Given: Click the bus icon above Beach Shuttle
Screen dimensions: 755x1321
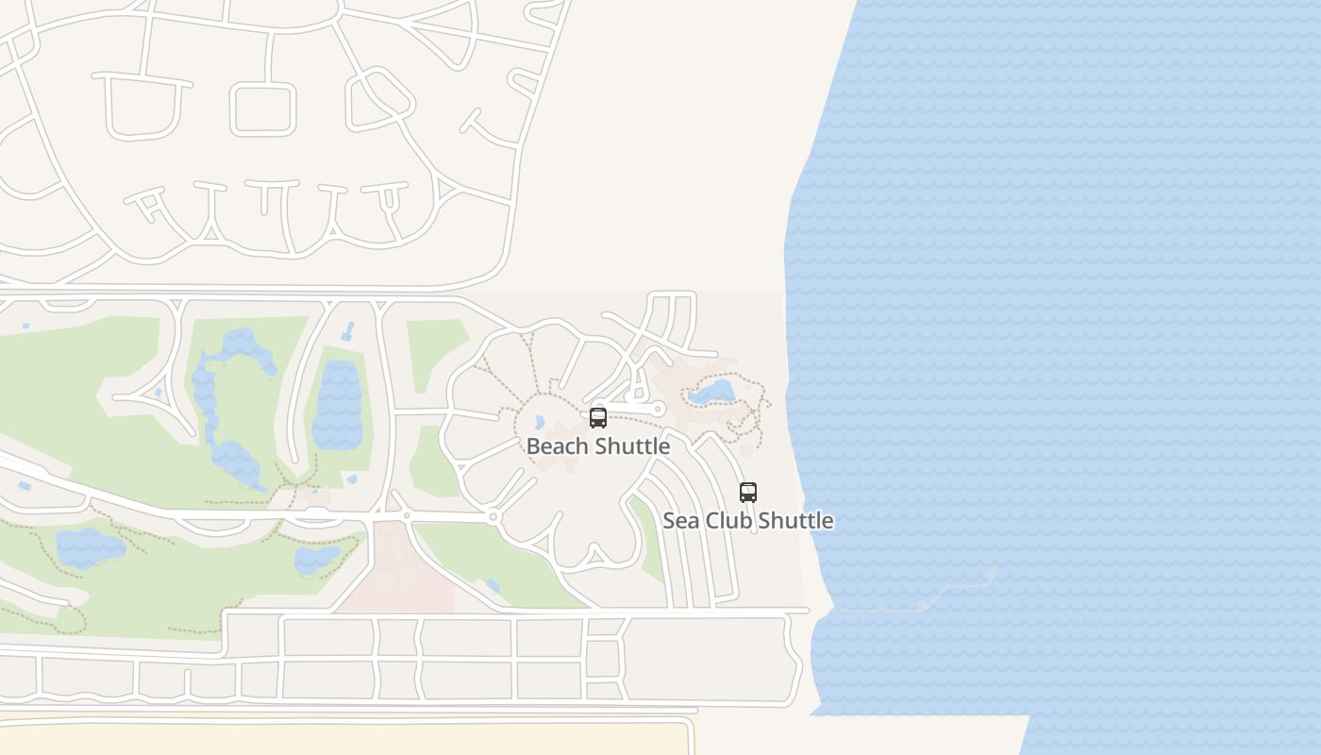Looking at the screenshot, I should click(598, 418).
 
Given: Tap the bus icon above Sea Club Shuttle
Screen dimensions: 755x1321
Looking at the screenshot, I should click(748, 493).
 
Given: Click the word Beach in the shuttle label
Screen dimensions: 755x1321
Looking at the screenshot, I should click(551, 446).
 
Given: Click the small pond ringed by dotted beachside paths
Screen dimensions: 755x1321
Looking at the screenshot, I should click(712, 392).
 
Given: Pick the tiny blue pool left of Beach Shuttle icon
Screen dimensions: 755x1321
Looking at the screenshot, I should click(540, 423).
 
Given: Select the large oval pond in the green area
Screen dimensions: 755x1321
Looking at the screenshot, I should click(338, 406).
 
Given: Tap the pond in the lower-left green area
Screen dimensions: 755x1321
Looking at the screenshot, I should click(90, 547).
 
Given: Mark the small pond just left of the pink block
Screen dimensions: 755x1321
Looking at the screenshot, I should click(316, 561).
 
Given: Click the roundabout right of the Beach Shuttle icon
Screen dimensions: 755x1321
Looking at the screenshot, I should click(659, 410).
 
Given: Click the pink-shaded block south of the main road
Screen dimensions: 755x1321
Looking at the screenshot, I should click(396, 566).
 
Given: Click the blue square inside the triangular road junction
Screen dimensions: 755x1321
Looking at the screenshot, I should click(158, 393).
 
